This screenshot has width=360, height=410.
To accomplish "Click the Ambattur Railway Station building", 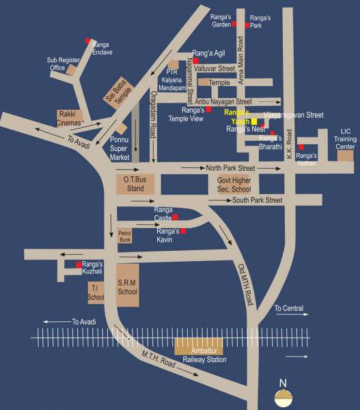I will point(199,346).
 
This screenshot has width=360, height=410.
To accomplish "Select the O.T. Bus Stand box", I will point(136,183).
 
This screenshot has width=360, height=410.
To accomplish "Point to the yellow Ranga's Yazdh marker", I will point(254,120).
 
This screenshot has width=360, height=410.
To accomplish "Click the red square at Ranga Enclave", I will point(87,42).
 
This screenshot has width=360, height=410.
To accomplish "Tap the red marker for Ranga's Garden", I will point(234,25).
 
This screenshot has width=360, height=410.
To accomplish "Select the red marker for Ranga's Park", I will point(247,25).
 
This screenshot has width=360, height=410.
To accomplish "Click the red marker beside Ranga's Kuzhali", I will point(79,264).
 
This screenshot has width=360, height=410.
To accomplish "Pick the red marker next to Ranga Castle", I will point(175,217).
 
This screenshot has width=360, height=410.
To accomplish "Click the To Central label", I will point(289,309).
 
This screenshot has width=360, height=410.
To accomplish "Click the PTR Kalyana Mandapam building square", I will point(173,72).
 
